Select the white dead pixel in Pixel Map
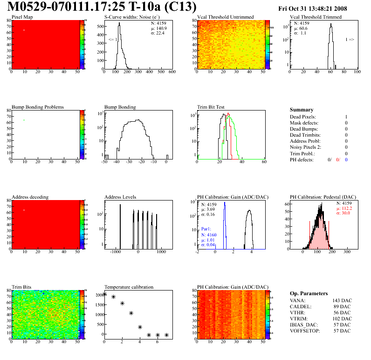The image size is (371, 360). click(24, 30)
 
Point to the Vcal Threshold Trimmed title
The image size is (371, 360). click(316, 17)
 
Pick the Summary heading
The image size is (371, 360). click(302, 110)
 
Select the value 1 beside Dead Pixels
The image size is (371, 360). click(346, 117)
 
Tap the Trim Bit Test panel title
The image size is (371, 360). click(211, 107)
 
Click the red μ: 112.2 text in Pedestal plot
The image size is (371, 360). click(344, 209)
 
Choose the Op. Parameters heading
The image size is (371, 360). click(309, 293)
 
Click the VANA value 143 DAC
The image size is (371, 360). click(341, 300)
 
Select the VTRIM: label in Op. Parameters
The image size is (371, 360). click(299, 318)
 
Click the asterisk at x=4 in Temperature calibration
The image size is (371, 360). click(140, 327)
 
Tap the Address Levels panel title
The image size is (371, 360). click(120, 197)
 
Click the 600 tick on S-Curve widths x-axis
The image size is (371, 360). click(172, 72)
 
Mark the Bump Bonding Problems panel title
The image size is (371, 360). click(38, 107)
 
